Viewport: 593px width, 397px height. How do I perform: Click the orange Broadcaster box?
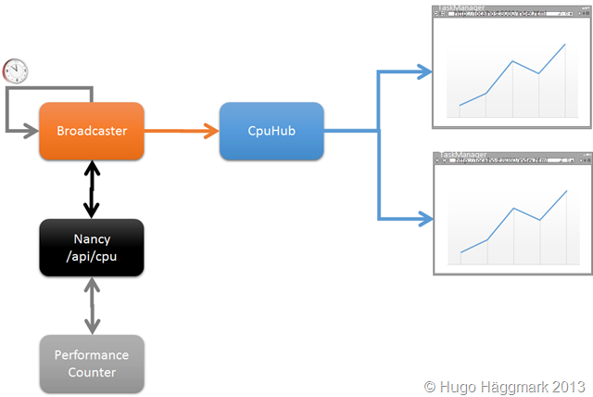point(91,131)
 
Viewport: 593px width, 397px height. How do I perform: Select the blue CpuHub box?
point(271,131)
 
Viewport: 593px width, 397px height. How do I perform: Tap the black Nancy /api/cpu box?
point(91,248)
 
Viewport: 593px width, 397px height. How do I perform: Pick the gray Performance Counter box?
point(91,363)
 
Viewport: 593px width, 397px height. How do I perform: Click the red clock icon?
point(16,70)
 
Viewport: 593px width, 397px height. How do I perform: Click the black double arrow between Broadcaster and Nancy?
point(92,188)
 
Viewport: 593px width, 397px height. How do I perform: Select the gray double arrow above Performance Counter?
point(92,305)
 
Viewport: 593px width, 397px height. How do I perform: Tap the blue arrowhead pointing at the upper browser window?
point(425,70)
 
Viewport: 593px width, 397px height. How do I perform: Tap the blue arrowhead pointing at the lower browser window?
point(425,220)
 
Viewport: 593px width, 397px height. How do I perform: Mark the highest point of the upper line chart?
point(565,44)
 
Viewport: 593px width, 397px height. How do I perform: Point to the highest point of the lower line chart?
point(565,191)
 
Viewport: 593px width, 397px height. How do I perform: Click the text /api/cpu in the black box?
point(91,256)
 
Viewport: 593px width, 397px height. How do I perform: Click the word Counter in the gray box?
point(91,372)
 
